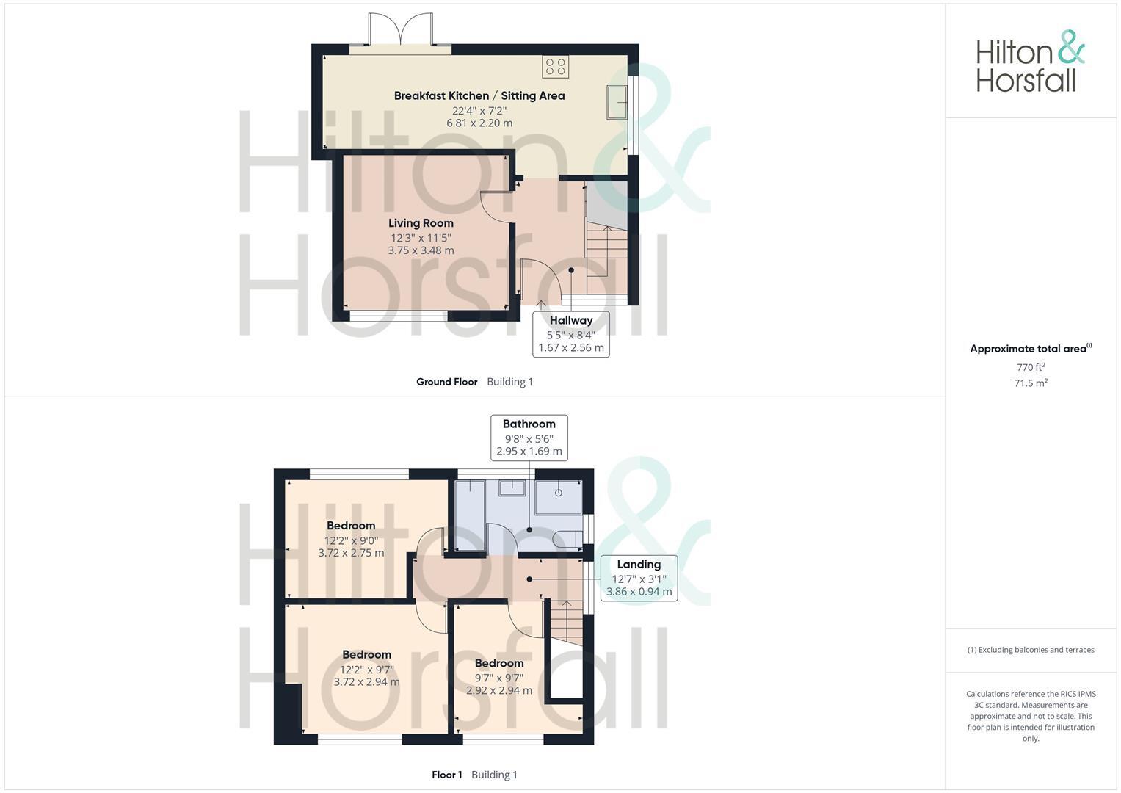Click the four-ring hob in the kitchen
click(555, 67)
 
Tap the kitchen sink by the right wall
click(616, 101)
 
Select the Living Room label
click(421, 223)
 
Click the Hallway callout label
click(570, 320)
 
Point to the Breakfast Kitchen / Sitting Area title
click(479, 95)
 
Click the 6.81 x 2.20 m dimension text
click(479, 123)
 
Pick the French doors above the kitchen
click(400, 33)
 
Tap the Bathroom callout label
click(529, 424)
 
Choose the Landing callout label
click(639, 565)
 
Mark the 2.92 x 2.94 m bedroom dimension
click(499, 691)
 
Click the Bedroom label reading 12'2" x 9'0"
click(351, 526)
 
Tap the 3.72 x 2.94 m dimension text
click(366, 682)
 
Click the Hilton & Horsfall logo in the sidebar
click(1030, 62)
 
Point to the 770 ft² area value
click(1030, 367)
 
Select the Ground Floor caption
click(446, 382)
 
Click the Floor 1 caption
click(446, 775)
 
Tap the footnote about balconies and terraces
click(1030, 650)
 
